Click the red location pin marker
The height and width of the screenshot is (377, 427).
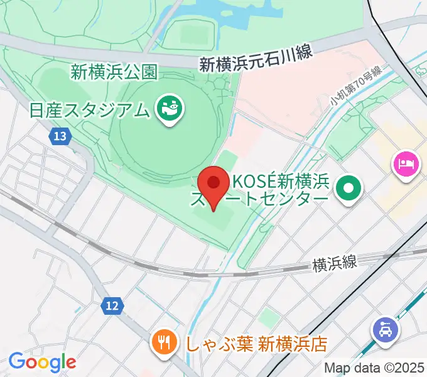pos(213,184)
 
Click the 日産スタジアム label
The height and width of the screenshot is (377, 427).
pos(90,110)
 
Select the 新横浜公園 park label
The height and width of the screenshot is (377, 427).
pos(113,72)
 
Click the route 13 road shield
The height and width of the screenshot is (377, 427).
pos(60,136)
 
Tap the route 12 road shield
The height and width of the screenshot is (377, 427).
pos(111,306)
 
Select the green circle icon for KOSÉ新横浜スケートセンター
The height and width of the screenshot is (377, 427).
pos(347,188)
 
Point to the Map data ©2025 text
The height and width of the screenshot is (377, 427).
pos(373,367)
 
